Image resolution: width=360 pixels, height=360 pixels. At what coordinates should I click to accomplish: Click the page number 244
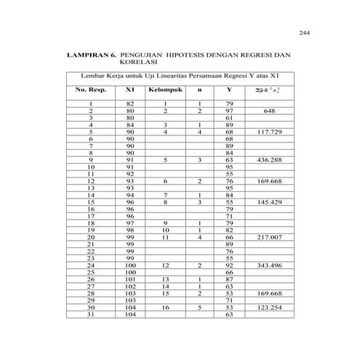(304, 33)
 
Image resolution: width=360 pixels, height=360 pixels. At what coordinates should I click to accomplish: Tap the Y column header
(229, 90)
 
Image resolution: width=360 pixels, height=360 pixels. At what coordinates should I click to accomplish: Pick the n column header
(199, 90)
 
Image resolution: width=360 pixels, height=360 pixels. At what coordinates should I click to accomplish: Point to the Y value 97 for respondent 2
(229, 111)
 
